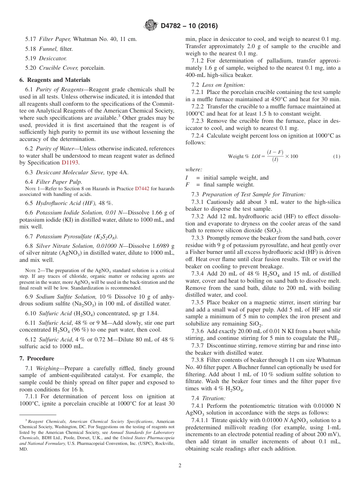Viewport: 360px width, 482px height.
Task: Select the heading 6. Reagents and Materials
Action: click(55, 80)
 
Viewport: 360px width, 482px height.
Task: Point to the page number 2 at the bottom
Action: click(180, 466)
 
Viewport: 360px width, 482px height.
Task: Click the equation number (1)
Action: click(337, 156)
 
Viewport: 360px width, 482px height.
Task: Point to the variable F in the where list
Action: click(187, 185)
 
